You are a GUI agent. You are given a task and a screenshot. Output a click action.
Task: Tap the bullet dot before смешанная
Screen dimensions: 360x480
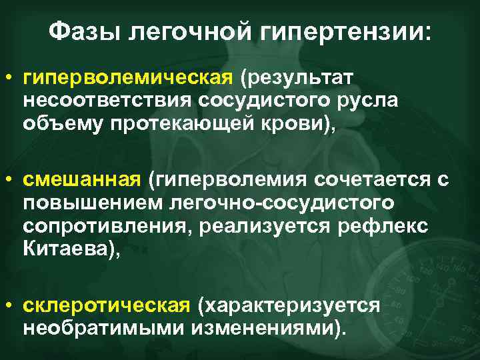pos(11,181)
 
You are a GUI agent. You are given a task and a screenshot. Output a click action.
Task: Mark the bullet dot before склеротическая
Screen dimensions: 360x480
pos(11,306)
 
